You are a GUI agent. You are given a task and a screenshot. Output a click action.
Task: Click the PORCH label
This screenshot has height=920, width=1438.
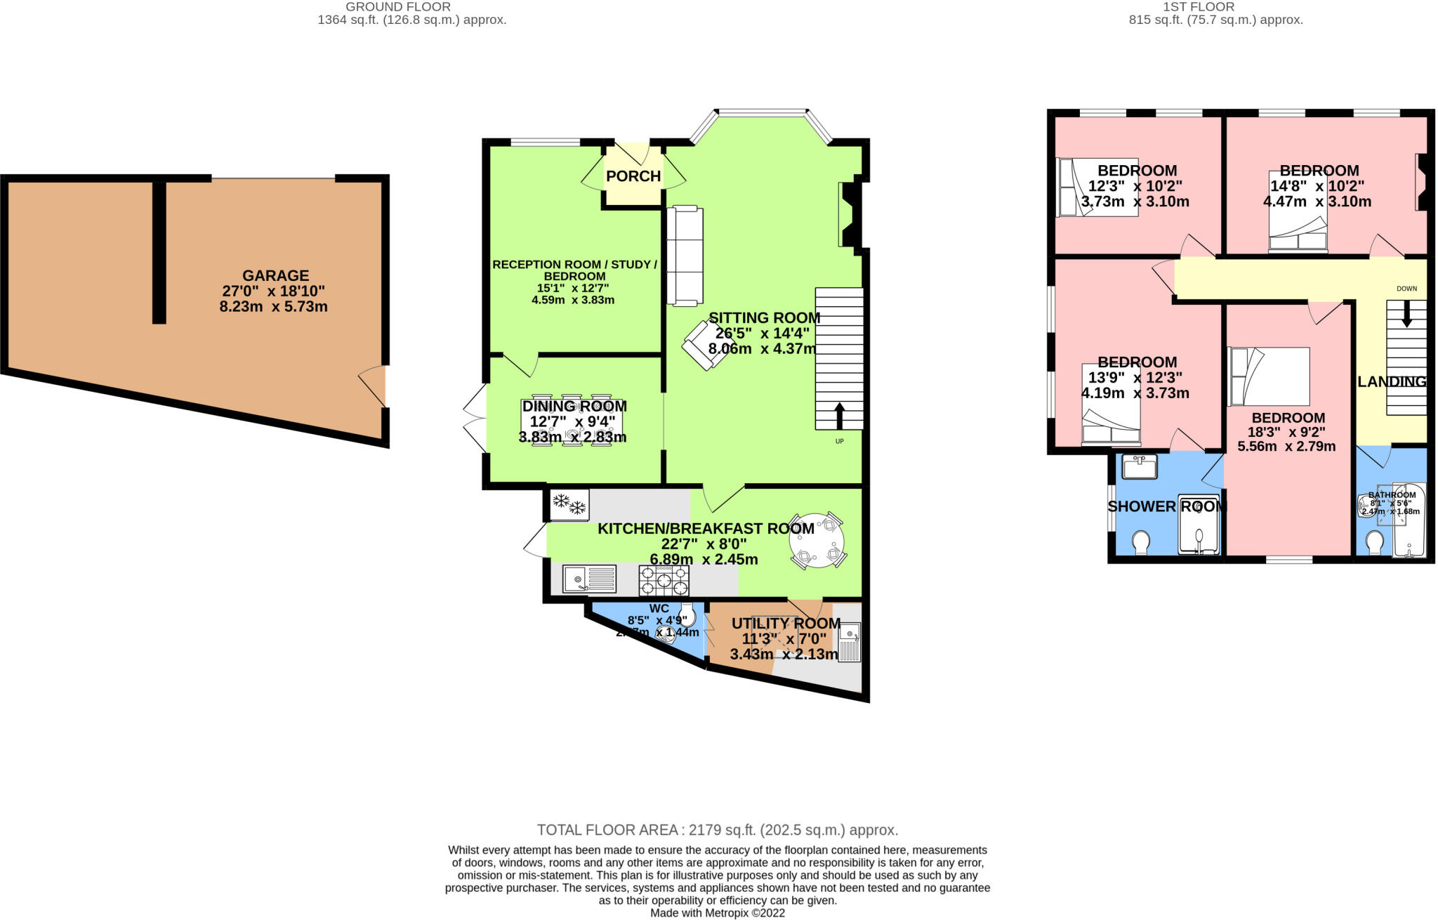coord(633,176)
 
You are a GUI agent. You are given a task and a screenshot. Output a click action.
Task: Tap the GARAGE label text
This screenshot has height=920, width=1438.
coord(275,276)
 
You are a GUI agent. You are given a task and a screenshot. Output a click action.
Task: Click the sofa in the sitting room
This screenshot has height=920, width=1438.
coord(684,256)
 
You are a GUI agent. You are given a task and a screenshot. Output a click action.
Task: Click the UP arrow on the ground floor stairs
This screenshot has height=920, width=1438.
coord(839,415)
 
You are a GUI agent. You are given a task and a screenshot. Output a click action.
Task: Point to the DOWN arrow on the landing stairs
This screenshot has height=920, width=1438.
coord(1406,314)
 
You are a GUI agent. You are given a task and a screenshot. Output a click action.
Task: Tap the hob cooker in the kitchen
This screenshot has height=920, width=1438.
coord(664,580)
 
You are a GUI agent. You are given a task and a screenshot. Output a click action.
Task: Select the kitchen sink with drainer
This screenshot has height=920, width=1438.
coord(589,579)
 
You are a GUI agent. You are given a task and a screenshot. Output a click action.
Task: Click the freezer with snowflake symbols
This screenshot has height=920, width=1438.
coord(569,505)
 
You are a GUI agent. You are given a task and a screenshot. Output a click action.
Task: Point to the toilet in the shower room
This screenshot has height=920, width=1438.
coord(1142,542)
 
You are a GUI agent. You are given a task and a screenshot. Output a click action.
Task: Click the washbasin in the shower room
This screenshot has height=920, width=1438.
coord(1139,466)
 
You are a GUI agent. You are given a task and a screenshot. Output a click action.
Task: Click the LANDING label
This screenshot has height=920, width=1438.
coord(1392,382)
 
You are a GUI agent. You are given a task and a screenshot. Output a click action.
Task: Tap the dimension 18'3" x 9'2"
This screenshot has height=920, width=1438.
coord(1288,432)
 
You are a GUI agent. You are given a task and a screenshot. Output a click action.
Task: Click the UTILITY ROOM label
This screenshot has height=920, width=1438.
coord(786,624)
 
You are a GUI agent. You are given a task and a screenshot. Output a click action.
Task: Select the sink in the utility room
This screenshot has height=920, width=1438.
coord(850,641)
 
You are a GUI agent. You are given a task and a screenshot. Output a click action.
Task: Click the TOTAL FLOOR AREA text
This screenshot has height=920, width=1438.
coord(718,830)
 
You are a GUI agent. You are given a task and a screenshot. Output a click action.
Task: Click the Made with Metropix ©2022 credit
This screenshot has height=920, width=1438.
coord(718,913)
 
